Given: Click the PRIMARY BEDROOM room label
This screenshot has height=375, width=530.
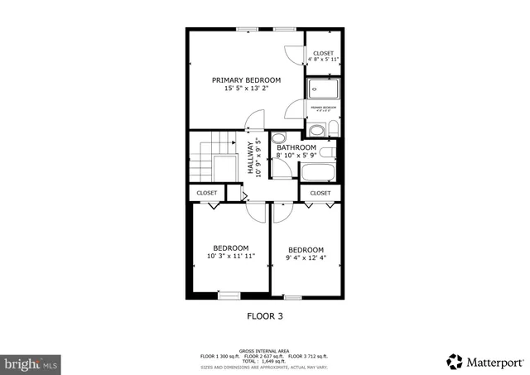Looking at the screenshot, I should tap(246, 80).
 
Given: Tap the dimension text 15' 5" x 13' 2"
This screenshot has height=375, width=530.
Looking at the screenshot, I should tap(246, 89).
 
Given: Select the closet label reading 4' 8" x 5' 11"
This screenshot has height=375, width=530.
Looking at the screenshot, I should tap(323, 60).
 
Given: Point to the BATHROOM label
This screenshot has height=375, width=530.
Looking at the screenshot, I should tap(296, 148).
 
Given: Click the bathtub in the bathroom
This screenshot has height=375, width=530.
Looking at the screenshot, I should tap(317, 173).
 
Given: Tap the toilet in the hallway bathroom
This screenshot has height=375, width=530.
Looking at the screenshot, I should tap(279, 138).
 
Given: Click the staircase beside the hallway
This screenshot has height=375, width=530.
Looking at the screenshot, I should tap(208, 161).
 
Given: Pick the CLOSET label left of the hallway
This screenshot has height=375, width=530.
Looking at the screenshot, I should tap(206, 193).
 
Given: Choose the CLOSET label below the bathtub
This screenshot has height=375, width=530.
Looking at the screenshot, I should tap(320, 193).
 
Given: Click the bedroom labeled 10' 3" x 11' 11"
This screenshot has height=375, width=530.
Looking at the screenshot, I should tap(230, 252).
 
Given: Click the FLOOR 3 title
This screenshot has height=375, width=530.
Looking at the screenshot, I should tap(266, 315).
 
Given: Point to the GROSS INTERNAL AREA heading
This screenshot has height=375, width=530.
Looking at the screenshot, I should tap(265, 350).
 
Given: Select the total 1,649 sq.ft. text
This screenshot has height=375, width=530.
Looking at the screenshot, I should tap(266, 362).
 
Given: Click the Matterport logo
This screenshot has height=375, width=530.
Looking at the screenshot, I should tap(485, 361).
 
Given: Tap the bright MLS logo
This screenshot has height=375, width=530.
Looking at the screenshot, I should tap(31, 363).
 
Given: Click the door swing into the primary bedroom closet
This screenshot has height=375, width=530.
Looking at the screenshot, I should tap(294, 53).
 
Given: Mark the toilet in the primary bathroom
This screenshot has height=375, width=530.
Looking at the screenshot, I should tap(331, 127).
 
